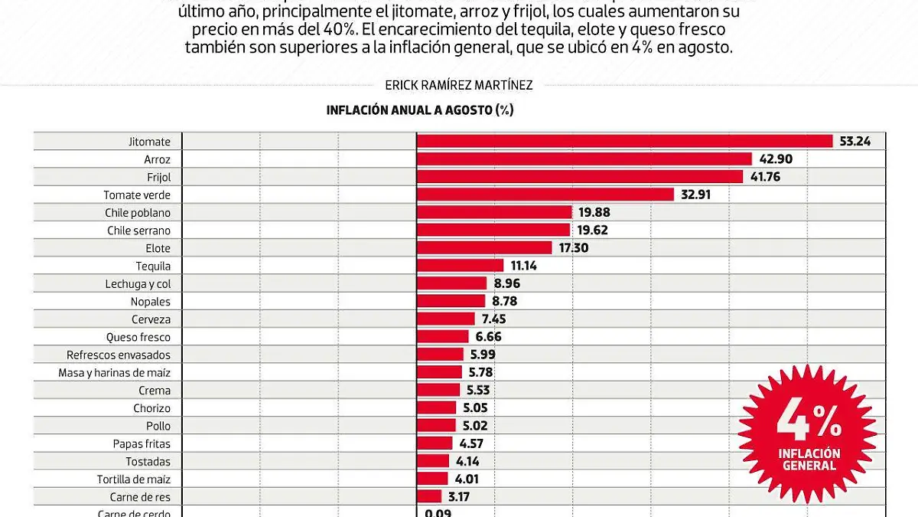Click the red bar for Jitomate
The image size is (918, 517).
[623, 141]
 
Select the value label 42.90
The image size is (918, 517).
[776, 159]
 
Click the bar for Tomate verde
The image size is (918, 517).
[545, 195]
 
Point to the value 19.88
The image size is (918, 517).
[594, 212]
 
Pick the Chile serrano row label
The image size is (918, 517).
[138, 231]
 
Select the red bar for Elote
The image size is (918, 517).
[483, 248]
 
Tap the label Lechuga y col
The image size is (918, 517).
[138, 283]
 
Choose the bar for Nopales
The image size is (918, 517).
[451, 301]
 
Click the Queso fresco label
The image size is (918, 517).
[138, 337]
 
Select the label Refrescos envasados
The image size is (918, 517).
[119, 355]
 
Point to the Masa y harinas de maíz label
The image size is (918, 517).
[115, 373]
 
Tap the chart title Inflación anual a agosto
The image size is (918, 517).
[419, 110]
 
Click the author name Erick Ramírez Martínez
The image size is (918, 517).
[458, 85]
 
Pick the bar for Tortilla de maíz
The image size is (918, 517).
[431, 479]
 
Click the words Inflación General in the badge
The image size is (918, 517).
[809, 460]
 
